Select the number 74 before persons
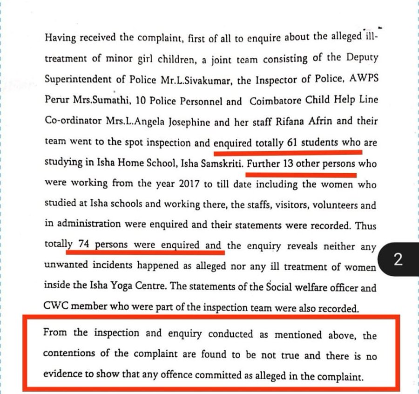pos(84,245)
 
